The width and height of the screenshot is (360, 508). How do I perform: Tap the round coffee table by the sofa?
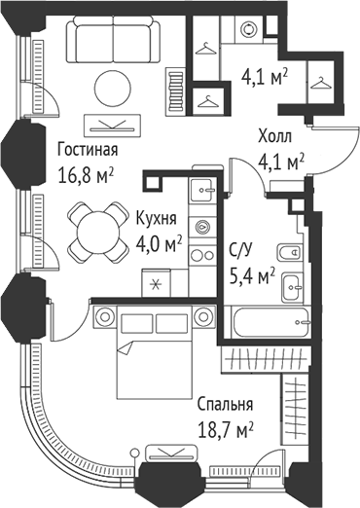click(113, 86)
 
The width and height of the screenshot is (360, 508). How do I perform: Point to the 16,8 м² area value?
click(88, 176)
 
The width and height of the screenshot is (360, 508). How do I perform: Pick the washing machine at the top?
click(247, 30)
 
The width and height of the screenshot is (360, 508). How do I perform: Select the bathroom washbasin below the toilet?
click(291, 289)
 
